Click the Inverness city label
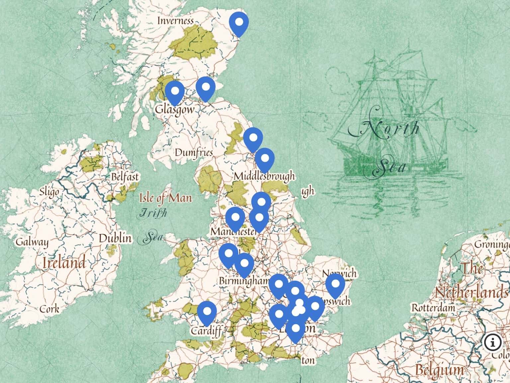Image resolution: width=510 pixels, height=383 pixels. pyautogui.click(x=175, y=21)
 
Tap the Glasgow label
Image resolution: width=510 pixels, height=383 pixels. pyautogui.click(x=175, y=109)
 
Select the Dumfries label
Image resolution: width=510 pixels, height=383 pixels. pyautogui.click(x=194, y=153)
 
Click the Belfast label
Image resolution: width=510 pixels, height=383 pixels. pyautogui.click(x=125, y=177)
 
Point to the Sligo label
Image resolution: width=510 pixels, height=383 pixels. pyautogui.click(x=49, y=192)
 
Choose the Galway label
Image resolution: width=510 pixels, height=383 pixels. pyautogui.click(x=32, y=242)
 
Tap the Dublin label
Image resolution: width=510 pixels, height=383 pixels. pyautogui.click(x=115, y=238)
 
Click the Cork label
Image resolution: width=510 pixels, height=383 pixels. pyautogui.click(x=49, y=309)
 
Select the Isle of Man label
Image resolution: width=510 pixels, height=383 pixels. pyautogui.click(x=165, y=198)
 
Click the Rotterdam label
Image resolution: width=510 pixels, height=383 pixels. pyautogui.click(x=433, y=308)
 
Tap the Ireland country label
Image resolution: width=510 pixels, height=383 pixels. pyautogui.click(x=64, y=263)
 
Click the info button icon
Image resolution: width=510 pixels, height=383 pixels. pyautogui.click(x=493, y=342)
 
